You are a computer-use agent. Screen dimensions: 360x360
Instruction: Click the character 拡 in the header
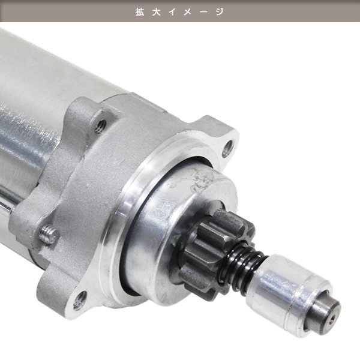click(140, 12)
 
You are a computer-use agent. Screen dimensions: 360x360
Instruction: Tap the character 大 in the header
click(156, 12)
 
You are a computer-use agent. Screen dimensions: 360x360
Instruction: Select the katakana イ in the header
click(172, 12)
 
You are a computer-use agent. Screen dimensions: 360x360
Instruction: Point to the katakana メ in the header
click(188, 12)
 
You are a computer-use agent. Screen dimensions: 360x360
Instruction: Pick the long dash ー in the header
click(203, 12)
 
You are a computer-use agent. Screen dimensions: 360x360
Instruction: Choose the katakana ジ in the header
click(220, 12)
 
